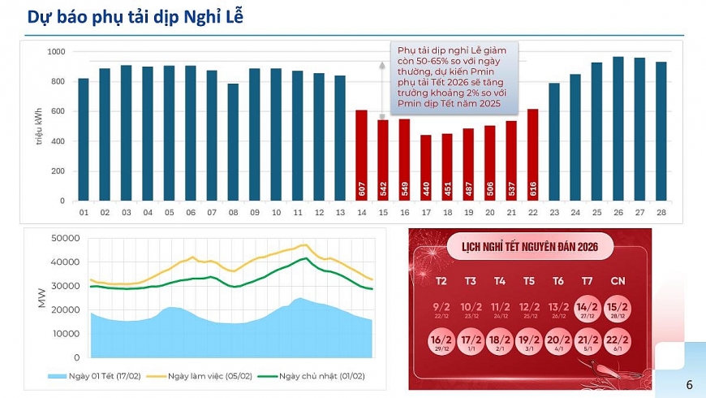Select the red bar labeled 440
pos(426,167)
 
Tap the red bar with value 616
pos(532,154)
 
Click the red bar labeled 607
pos(362,155)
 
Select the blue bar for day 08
pos(233,142)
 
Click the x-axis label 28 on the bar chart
pos(661,212)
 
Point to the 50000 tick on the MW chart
pos(67,238)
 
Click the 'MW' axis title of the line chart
pos(42,297)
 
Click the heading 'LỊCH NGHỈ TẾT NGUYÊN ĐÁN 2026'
pos(530,246)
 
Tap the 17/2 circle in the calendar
pos(471,343)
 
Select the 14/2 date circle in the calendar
pos(588,309)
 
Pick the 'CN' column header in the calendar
pos(617,281)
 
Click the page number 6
pos(689,384)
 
